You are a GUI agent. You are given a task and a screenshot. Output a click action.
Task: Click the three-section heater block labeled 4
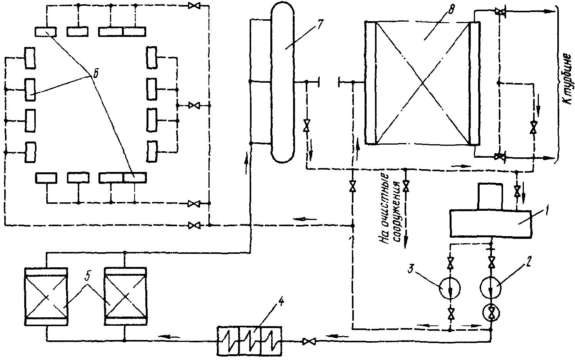249,340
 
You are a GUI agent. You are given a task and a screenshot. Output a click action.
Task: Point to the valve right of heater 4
308,341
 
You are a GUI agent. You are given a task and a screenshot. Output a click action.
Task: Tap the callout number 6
95,73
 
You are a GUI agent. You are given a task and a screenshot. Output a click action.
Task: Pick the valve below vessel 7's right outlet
306,126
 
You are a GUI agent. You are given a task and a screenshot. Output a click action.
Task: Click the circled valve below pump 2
491,314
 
